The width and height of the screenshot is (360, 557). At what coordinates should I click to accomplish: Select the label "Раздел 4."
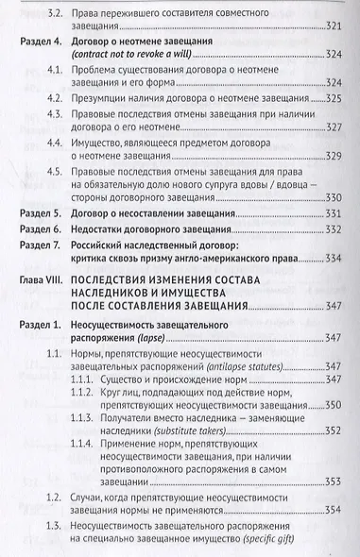coord(43,44)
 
